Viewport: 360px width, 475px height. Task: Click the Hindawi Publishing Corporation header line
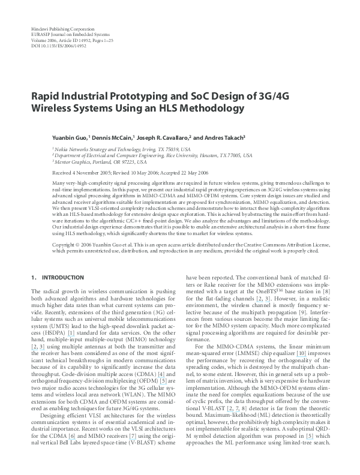point(61,29)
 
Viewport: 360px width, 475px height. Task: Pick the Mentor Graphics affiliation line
point(100,161)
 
